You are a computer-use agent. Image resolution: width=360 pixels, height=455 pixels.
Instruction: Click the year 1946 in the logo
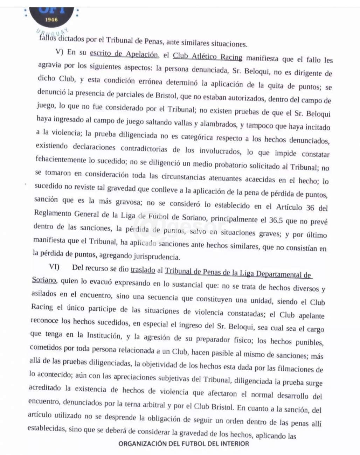[x=51, y=20]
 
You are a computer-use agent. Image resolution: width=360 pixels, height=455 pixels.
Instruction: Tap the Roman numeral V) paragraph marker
[x=59, y=52]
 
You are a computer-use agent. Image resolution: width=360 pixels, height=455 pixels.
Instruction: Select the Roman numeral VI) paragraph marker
[x=54, y=267]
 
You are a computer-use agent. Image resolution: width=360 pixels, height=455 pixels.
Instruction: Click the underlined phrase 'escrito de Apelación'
[x=124, y=54]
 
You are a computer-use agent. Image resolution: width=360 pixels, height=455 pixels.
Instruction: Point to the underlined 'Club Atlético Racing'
[x=207, y=57]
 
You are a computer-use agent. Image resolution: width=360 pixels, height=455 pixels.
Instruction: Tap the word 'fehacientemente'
[x=61, y=160]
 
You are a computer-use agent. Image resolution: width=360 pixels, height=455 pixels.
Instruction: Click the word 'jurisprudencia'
[x=157, y=257]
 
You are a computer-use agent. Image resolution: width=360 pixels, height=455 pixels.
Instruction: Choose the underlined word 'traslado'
[x=143, y=270]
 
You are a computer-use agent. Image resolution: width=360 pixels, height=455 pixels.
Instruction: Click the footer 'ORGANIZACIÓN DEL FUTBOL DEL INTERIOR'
[x=184, y=443]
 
